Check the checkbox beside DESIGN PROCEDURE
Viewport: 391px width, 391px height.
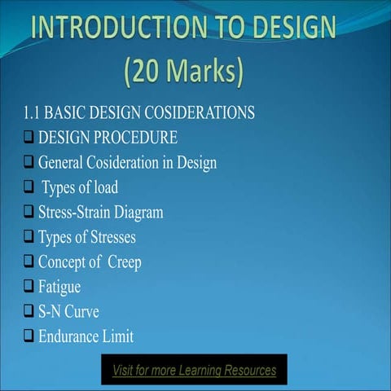(29, 138)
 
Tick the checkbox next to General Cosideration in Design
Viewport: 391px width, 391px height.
(29, 163)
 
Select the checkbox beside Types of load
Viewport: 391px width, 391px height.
(29, 188)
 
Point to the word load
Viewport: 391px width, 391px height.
(103, 188)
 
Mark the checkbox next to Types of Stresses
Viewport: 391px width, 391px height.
(29, 238)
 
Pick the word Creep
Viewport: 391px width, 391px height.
(124, 262)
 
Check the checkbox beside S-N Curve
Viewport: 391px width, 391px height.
(29, 312)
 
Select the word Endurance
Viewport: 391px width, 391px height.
(72, 336)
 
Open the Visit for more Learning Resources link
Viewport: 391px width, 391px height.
(195, 371)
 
